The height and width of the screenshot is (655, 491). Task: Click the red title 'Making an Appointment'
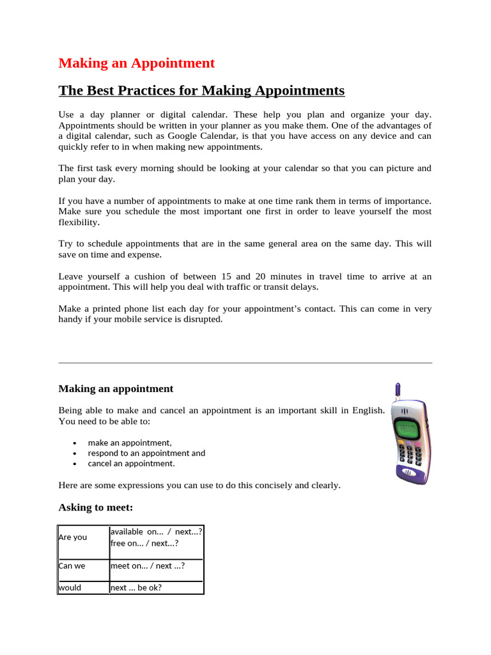pyautogui.click(x=136, y=63)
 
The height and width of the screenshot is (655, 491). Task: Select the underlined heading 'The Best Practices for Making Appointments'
pyautogui.click(x=201, y=90)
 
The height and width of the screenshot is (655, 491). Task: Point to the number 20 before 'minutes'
pyautogui.click(x=260, y=276)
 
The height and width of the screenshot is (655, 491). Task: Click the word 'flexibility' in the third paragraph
pyautogui.click(x=79, y=223)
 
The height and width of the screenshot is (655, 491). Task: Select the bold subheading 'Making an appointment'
pyautogui.click(x=116, y=388)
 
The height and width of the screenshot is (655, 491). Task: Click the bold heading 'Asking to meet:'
pyautogui.click(x=96, y=507)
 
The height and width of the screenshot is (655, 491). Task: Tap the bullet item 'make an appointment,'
pyautogui.click(x=130, y=442)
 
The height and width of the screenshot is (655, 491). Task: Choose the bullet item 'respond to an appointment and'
pyautogui.click(x=146, y=453)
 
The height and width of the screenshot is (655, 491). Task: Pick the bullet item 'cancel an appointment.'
pyautogui.click(x=131, y=463)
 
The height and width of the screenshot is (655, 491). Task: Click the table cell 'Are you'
pyautogui.click(x=73, y=537)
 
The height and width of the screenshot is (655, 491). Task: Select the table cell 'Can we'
pyautogui.click(x=72, y=565)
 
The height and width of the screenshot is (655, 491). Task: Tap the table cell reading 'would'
pyautogui.click(x=70, y=587)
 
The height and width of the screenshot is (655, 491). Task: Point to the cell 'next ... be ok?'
pyautogui.click(x=136, y=587)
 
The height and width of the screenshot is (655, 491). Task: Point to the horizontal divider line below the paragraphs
pyautogui.click(x=245, y=363)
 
